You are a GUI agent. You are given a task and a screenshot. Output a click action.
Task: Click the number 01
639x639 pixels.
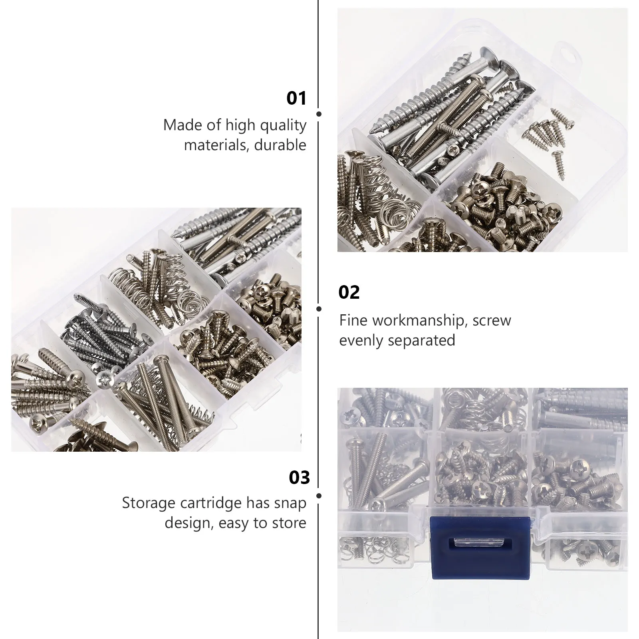296,98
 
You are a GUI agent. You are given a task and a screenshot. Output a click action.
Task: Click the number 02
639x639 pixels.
349,292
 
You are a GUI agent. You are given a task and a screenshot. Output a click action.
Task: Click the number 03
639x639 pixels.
299,478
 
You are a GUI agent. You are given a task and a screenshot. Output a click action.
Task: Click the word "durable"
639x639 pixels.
280,145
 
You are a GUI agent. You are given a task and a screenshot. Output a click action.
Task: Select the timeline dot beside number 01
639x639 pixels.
319,114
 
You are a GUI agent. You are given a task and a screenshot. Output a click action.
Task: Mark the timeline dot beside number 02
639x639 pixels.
319,309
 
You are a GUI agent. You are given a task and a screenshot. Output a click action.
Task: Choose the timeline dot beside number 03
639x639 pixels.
319,496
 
